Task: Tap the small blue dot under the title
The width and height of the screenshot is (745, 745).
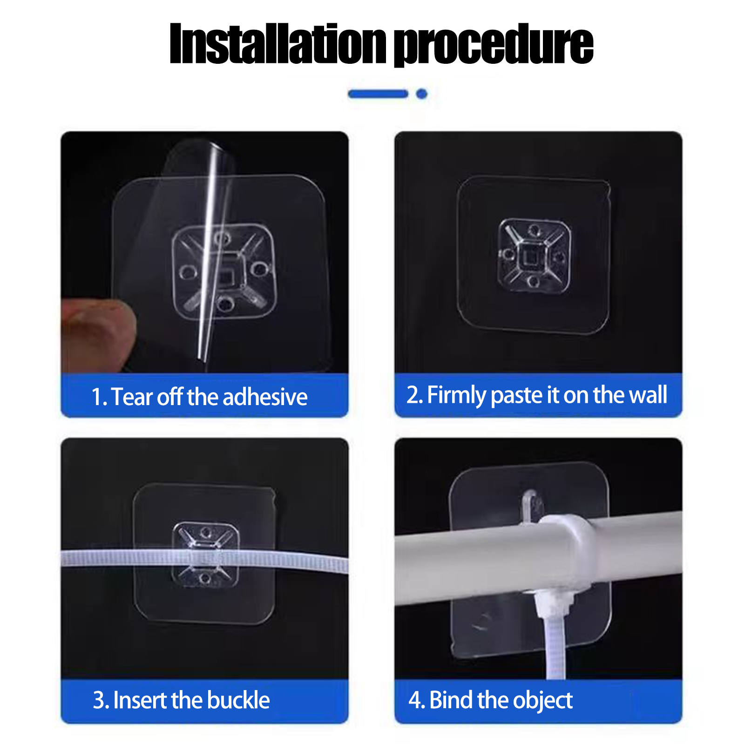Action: pyautogui.click(x=422, y=94)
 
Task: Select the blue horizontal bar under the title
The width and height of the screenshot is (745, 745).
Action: pyautogui.click(x=378, y=94)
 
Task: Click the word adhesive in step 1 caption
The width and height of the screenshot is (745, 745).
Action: pyautogui.click(x=265, y=397)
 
